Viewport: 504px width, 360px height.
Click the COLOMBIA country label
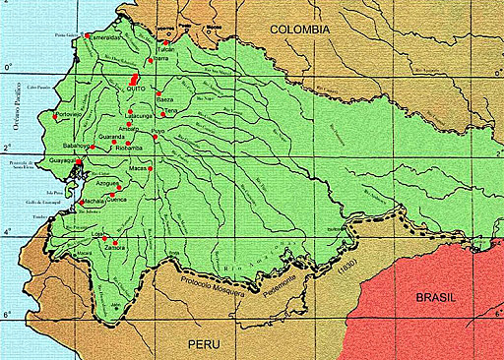click(300, 30)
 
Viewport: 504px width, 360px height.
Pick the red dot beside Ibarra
click(150, 60)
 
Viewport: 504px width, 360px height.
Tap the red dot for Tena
click(162, 115)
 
